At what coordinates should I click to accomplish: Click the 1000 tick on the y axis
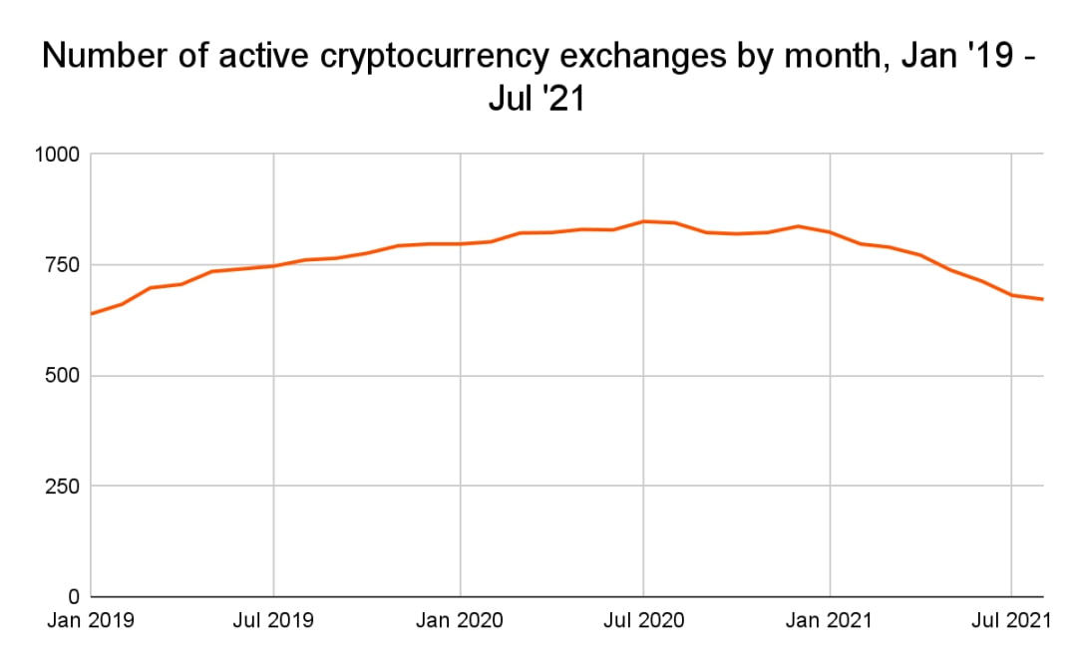56,155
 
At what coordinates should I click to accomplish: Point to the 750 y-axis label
62,265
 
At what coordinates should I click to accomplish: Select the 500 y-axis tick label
62,376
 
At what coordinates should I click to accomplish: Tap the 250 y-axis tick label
62,487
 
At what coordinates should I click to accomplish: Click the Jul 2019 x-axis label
273,621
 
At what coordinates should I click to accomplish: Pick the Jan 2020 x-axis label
460,621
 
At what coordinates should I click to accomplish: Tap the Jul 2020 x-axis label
644,621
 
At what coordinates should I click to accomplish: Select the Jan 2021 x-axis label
830,621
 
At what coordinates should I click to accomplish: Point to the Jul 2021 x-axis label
1011,621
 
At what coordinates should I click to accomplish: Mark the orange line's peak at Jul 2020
644,221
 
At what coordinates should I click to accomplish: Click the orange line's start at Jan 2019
91,314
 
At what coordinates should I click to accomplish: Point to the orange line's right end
1043,299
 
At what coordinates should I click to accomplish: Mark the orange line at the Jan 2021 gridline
830,232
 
